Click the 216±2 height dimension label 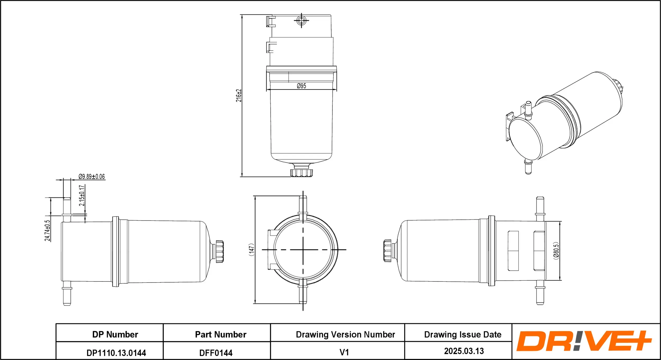point(238,96)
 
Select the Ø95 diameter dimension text point(301,86)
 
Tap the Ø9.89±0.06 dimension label point(91,177)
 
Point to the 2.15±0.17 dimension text point(82,195)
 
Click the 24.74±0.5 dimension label point(47,230)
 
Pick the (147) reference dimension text point(251,250)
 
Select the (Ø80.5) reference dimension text point(556,251)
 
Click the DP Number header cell point(115,334)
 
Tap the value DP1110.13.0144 point(116,353)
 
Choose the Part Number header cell point(221,334)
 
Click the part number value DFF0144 point(216,353)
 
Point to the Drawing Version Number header point(345,334)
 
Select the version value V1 point(344,352)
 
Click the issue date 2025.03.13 point(464,351)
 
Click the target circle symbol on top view point(301,20)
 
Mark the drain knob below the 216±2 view point(301,173)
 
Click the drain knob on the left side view point(219,251)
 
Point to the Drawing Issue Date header point(463,334)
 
